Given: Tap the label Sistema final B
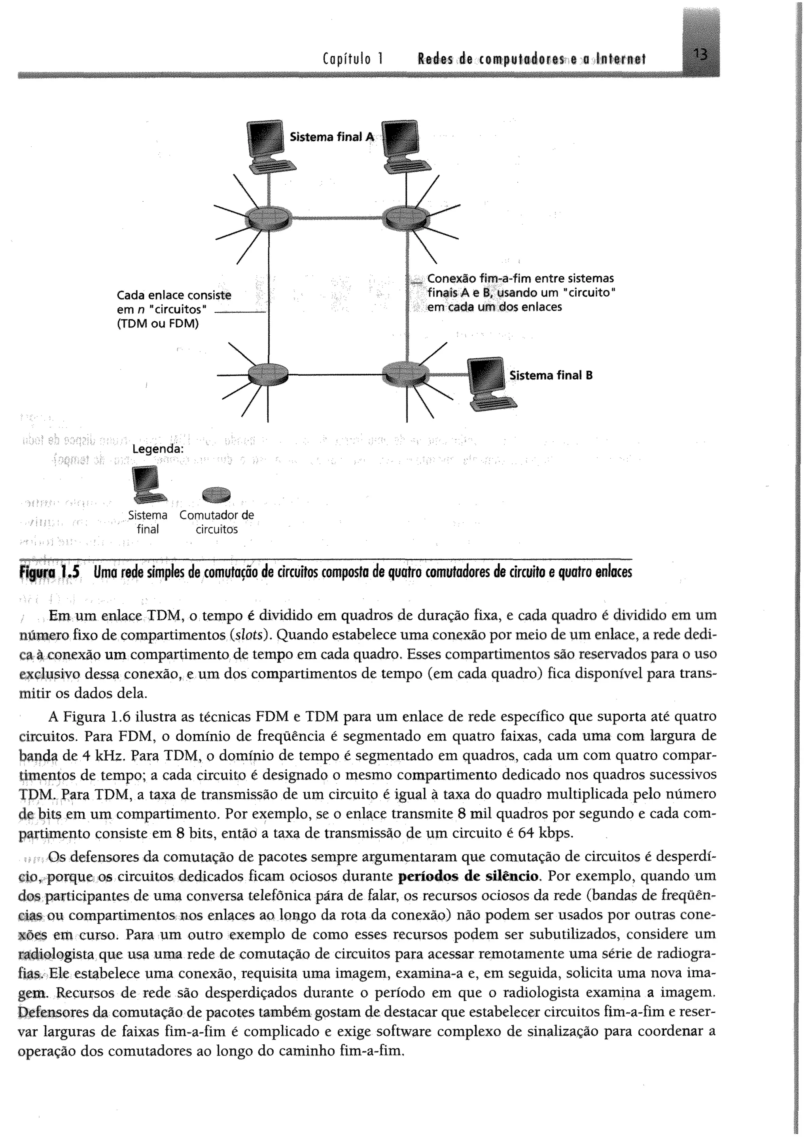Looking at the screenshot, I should [551, 375].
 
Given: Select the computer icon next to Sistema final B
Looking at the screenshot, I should [489, 382].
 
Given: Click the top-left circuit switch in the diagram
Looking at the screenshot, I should [268, 218].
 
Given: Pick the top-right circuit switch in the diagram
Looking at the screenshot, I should [407, 218].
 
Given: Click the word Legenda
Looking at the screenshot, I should [158, 449].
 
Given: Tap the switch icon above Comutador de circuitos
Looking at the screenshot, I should [217, 495].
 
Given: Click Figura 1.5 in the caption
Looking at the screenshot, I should [49, 573].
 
